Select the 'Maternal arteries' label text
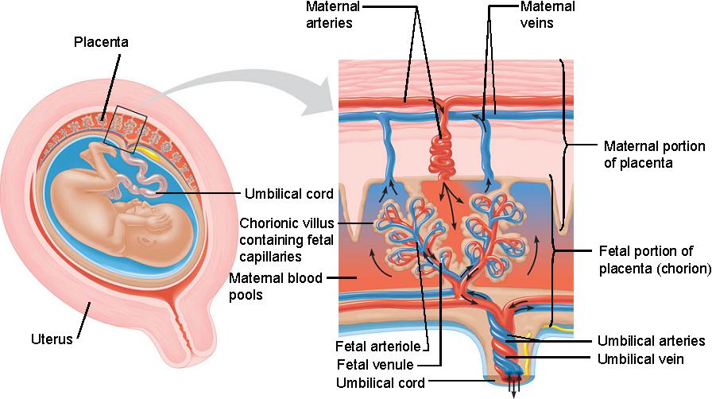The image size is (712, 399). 334,14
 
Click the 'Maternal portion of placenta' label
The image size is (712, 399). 654,154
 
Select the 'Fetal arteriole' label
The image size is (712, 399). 377,347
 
